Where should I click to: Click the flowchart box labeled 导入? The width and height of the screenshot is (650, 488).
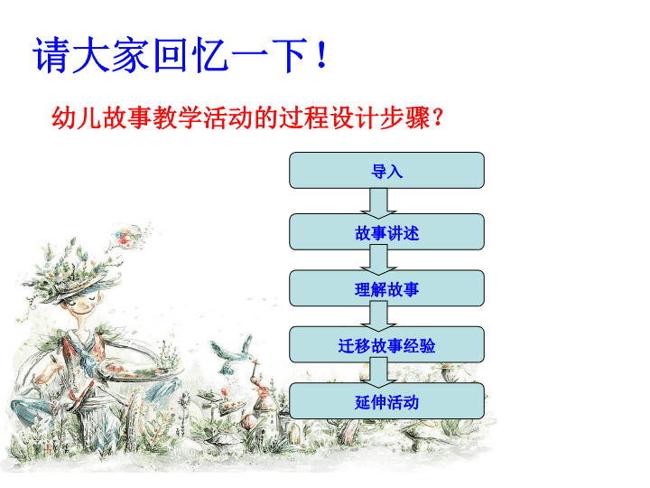[x=386, y=170]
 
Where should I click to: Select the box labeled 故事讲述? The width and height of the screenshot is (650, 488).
[x=386, y=232]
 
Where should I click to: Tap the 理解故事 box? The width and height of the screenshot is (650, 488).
[x=386, y=288]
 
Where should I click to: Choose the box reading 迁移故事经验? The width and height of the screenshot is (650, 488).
[x=386, y=345]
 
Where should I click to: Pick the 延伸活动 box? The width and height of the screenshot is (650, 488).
[x=386, y=401]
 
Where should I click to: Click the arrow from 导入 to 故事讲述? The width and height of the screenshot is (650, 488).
[x=378, y=203]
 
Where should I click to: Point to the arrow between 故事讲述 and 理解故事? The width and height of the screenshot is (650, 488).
[x=378, y=259]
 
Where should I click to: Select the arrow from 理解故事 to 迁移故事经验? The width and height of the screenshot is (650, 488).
[x=378, y=316]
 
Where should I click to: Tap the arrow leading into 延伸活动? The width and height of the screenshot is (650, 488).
[x=378, y=372]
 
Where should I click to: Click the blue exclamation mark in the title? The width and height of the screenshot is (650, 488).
[x=321, y=55]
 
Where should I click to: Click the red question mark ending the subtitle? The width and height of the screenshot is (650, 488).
[x=437, y=117]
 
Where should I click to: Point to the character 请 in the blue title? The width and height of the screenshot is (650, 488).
[x=51, y=55]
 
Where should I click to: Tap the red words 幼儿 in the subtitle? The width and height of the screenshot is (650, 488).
[x=77, y=117]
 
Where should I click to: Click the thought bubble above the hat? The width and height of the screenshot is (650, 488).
[x=127, y=236]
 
